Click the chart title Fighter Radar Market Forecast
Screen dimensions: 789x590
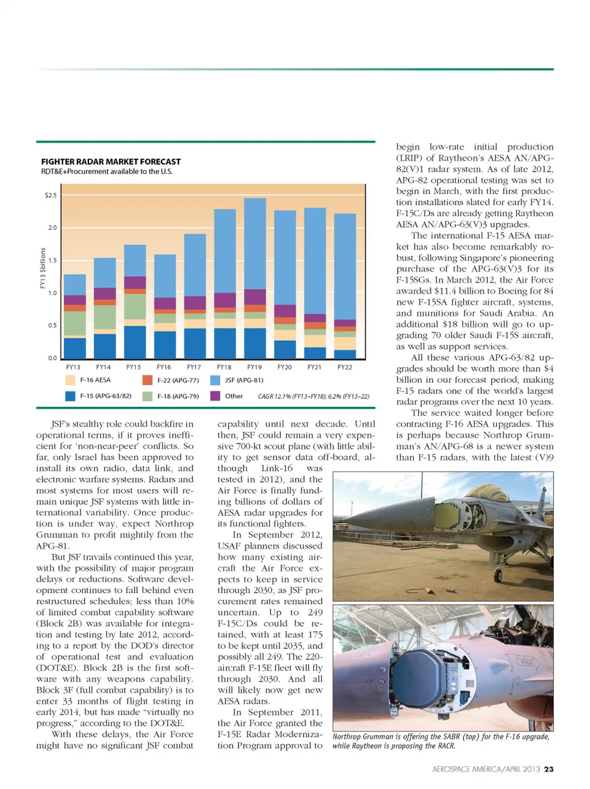(111, 162)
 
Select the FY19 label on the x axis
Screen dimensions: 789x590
(254, 367)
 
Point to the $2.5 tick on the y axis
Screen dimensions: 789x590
(50, 195)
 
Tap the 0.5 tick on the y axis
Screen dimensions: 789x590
(52, 326)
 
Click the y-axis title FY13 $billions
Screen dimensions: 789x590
(42, 268)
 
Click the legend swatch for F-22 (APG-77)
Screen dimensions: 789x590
(147, 380)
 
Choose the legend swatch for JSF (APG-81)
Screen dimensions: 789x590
(215, 380)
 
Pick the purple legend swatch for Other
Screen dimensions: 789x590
(215, 396)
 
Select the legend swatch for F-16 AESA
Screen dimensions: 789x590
(70, 380)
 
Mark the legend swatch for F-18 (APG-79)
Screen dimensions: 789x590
(147, 396)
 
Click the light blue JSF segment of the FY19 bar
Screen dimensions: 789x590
(255, 243)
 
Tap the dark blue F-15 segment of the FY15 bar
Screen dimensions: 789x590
(135, 342)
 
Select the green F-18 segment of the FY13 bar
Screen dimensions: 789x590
(75, 323)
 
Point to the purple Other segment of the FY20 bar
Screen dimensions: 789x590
(285, 311)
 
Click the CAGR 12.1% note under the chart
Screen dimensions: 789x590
(313, 396)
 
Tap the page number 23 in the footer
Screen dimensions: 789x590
(549, 769)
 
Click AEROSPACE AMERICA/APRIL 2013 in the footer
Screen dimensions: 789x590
(486, 769)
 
